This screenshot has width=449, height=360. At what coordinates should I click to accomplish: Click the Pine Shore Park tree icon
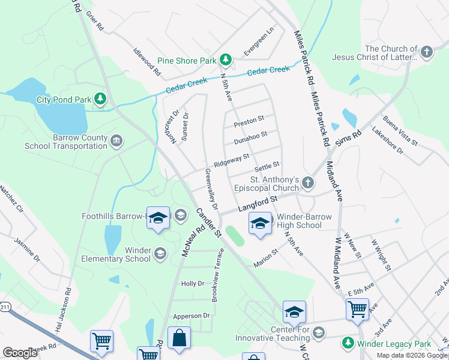click(x=225, y=59)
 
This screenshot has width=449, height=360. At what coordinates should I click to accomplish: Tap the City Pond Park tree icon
click(x=101, y=98)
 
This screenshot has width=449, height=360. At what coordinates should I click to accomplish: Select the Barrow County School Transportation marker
click(x=116, y=141)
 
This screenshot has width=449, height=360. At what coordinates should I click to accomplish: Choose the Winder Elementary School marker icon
click(x=160, y=254)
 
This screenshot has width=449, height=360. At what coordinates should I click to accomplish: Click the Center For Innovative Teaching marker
click(x=319, y=332)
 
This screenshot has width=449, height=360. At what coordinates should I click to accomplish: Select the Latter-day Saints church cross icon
click(x=427, y=52)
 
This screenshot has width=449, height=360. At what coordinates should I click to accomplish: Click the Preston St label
click(x=249, y=121)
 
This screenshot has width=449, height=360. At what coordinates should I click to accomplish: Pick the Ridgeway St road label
click(x=231, y=160)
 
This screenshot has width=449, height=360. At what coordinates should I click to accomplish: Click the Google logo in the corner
click(x=20, y=352)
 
